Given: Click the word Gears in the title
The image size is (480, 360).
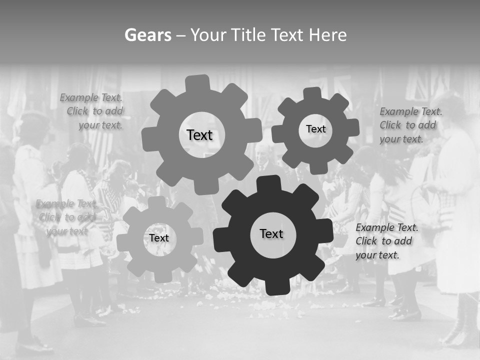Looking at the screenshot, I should [147, 35].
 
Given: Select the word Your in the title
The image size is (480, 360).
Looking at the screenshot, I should [209, 35].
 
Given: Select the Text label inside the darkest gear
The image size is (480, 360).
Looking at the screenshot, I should [271, 233].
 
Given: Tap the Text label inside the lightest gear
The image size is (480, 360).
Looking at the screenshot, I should [159, 238].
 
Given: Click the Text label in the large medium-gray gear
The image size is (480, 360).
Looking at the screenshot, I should [199, 135].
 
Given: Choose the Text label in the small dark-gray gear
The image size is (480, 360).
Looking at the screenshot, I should [315, 129].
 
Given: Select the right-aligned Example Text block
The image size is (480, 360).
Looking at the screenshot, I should [92, 111].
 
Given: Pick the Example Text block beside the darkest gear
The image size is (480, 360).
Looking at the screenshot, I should [387, 241].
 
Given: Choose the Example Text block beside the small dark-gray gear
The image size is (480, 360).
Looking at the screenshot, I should [410, 125].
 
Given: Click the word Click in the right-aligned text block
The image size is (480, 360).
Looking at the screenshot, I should [77, 111].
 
